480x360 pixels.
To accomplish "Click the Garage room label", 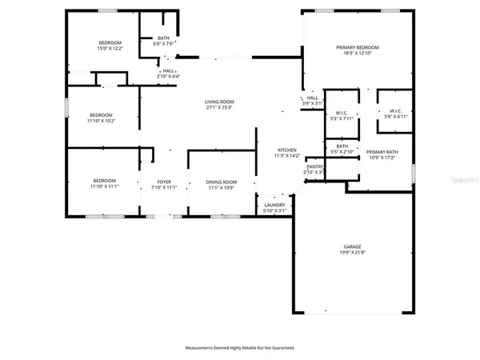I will [x=353, y=246].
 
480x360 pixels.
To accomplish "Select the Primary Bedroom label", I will [x=357, y=48].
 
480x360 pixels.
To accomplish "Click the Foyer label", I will [x=163, y=182].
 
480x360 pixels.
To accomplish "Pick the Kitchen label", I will [x=287, y=150].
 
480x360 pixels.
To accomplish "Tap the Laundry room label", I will [x=274, y=206].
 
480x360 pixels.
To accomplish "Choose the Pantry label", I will [x=314, y=166].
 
